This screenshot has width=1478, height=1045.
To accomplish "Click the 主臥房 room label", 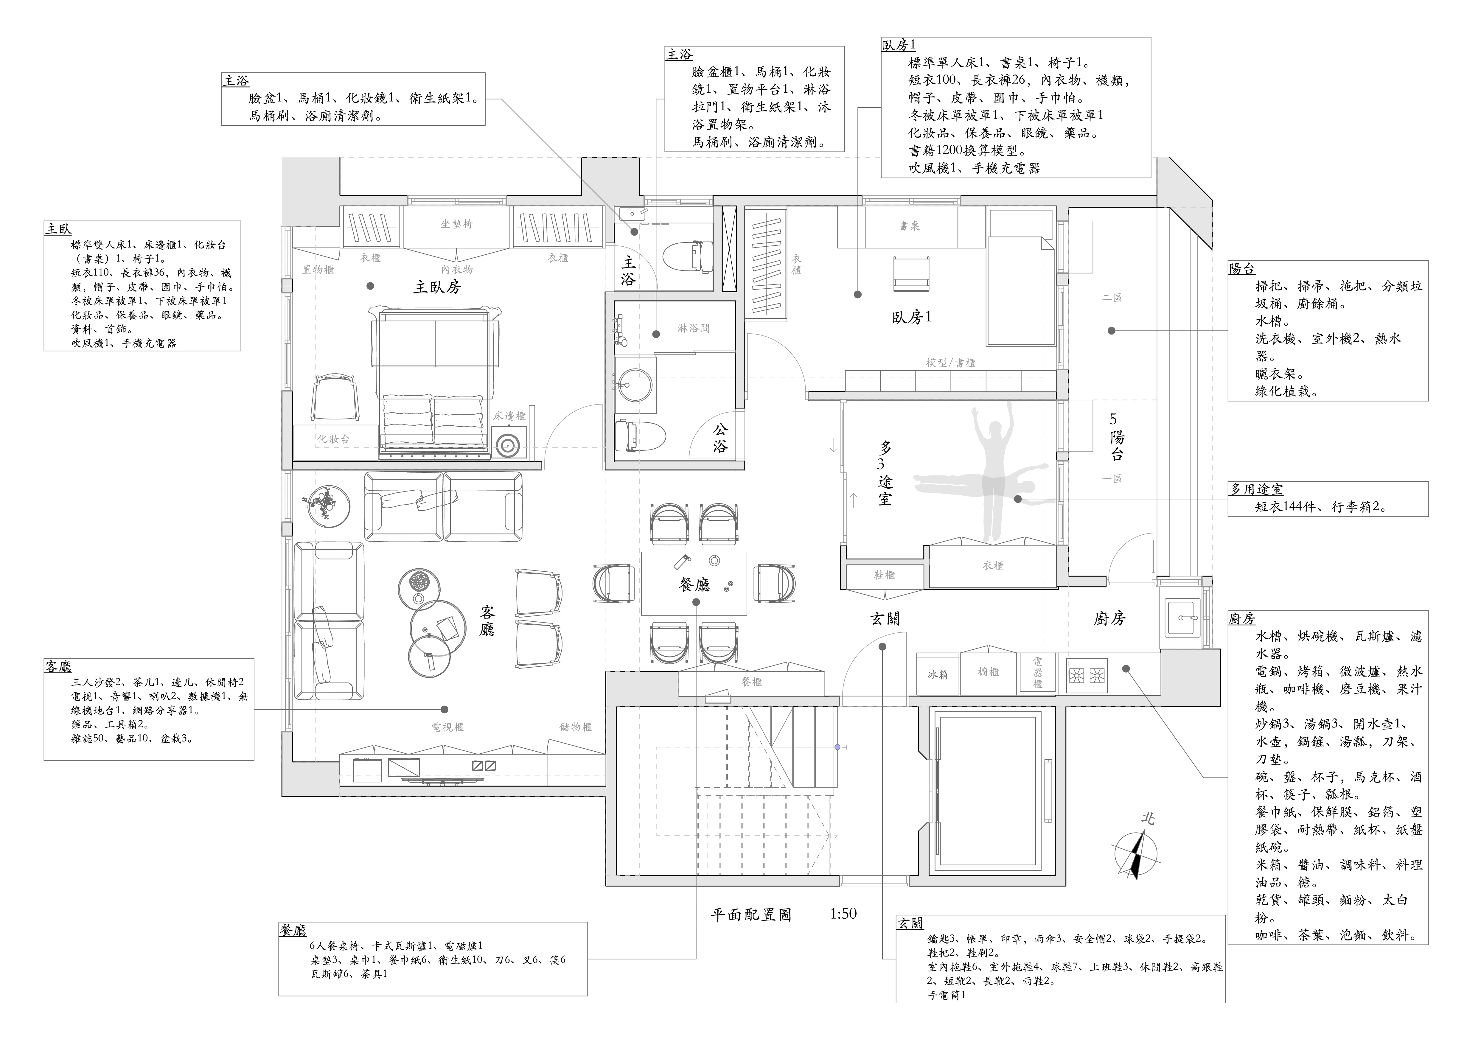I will (x=437, y=287).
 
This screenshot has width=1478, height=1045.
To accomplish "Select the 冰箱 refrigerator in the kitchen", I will (x=937, y=674).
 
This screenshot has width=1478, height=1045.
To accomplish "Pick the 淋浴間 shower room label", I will (x=693, y=328).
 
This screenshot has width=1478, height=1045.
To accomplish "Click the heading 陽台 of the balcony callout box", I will (x=1242, y=269).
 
